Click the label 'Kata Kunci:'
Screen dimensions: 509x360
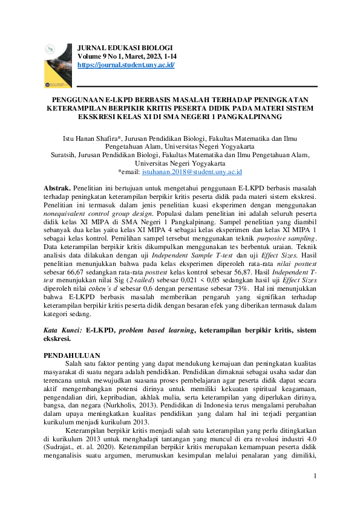[64, 331]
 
